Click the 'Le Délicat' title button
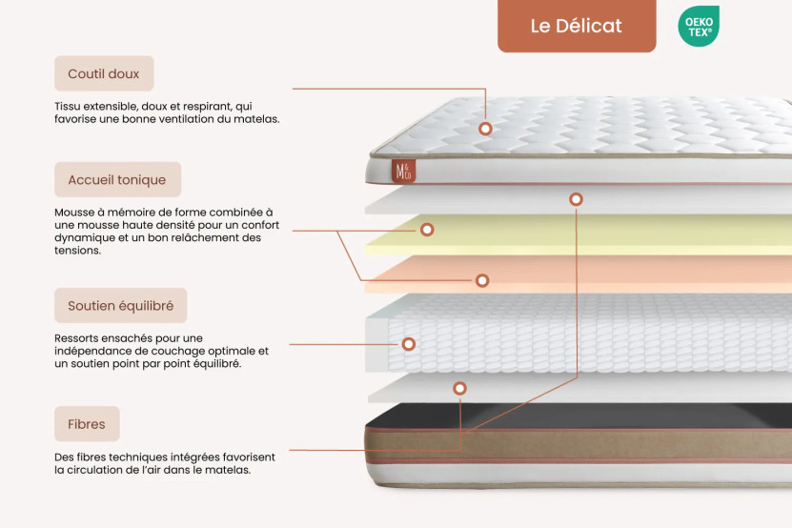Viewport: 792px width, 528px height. coord(576,26)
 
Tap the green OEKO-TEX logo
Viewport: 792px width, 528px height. coord(698,26)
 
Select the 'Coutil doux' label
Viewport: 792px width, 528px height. coord(103,73)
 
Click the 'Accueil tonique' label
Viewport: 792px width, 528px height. coord(116,179)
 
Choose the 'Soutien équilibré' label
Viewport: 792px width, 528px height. coord(120,306)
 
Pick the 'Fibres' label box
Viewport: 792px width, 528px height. coord(87,424)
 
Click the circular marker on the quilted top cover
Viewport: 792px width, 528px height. coord(485,128)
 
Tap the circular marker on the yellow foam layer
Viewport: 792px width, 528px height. coord(427,230)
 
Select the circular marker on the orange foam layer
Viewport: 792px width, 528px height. coord(482,280)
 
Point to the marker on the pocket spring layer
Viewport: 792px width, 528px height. coord(408,343)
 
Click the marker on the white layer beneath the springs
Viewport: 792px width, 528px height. coord(459,388)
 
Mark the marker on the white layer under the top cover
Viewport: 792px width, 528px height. coord(576,199)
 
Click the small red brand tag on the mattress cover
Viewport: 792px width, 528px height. coord(401,171)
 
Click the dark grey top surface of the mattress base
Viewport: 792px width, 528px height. coord(572,416)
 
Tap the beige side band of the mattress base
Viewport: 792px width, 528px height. coord(572,446)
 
